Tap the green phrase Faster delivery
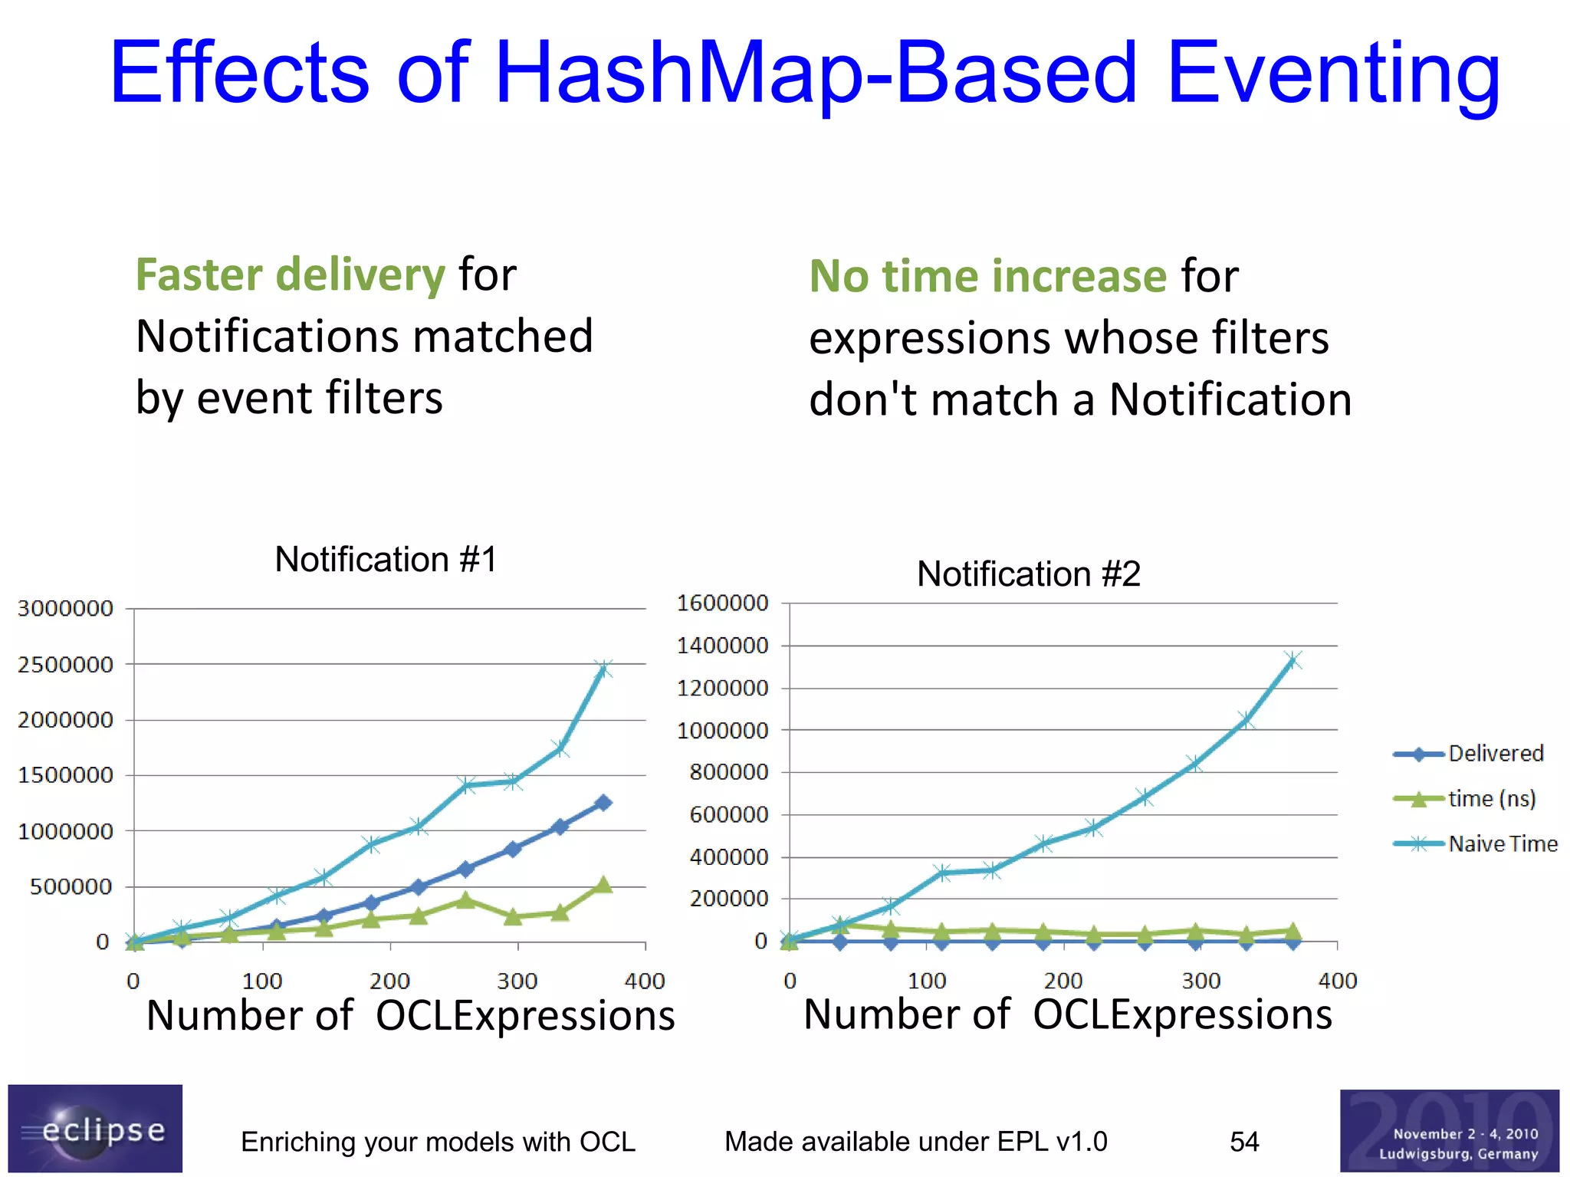[290, 275]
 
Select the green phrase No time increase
[987, 276]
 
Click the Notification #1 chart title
[386, 559]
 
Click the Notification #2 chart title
[1028, 574]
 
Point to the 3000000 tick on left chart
[65, 609]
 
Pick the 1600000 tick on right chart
[722, 603]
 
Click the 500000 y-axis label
[71, 887]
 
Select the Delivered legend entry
[1495, 754]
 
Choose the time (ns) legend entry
[1491, 799]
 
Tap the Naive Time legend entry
[1503, 844]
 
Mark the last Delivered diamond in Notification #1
[603, 803]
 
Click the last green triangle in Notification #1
[603, 885]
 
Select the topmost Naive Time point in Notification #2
[1293, 660]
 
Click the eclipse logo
[95, 1129]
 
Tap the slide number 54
[1243, 1142]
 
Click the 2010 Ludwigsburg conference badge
[1449, 1131]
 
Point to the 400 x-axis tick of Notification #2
[1337, 981]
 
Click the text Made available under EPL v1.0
[915, 1142]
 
